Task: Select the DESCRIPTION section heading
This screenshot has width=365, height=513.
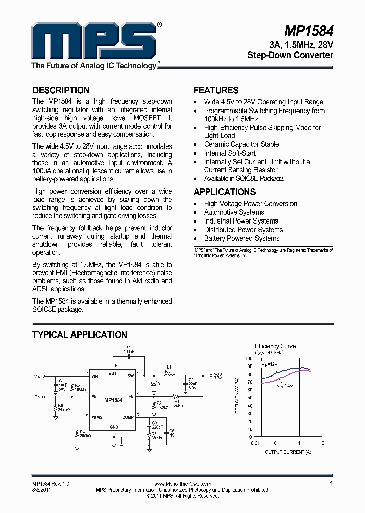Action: pos(61,90)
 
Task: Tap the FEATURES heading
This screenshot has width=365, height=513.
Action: pos(216,90)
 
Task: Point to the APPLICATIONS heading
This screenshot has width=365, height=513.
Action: pos(225,192)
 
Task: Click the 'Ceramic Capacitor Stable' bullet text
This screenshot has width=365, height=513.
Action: pos(241,144)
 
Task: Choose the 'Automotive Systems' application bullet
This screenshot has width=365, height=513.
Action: pos(234,212)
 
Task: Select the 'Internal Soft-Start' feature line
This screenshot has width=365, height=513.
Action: pos(230,153)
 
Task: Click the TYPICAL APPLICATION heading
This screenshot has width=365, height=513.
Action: pos(80,335)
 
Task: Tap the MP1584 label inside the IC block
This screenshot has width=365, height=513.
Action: pos(114,400)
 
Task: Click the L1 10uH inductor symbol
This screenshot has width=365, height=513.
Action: pos(169,376)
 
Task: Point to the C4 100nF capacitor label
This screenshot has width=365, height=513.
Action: pos(128,349)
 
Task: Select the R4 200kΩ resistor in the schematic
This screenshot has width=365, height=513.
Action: pos(77,434)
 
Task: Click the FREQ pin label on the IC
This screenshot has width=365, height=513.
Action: pos(96,418)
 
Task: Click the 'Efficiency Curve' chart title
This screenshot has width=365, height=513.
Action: pos(275,346)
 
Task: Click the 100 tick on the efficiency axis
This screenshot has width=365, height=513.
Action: pos(249,358)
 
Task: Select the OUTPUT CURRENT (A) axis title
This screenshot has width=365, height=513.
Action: pos(287,451)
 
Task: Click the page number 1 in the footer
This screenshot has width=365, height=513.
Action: pos(331,484)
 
